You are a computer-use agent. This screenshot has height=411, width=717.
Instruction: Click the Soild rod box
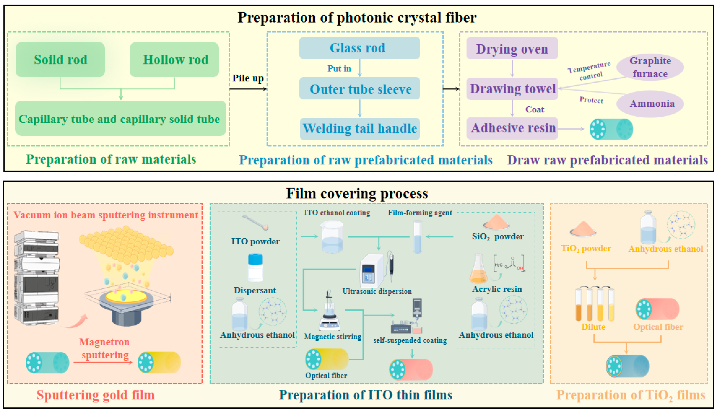(x=60, y=60)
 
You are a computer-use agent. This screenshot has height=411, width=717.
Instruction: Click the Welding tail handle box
(x=360, y=129)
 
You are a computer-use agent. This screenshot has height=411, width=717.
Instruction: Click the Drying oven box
(x=512, y=48)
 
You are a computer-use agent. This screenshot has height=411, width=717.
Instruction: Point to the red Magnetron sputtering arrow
(x=103, y=362)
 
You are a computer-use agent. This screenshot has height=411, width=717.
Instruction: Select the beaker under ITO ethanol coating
(x=332, y=237)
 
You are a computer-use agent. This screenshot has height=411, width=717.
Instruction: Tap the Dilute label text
(x=593, y=327)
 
